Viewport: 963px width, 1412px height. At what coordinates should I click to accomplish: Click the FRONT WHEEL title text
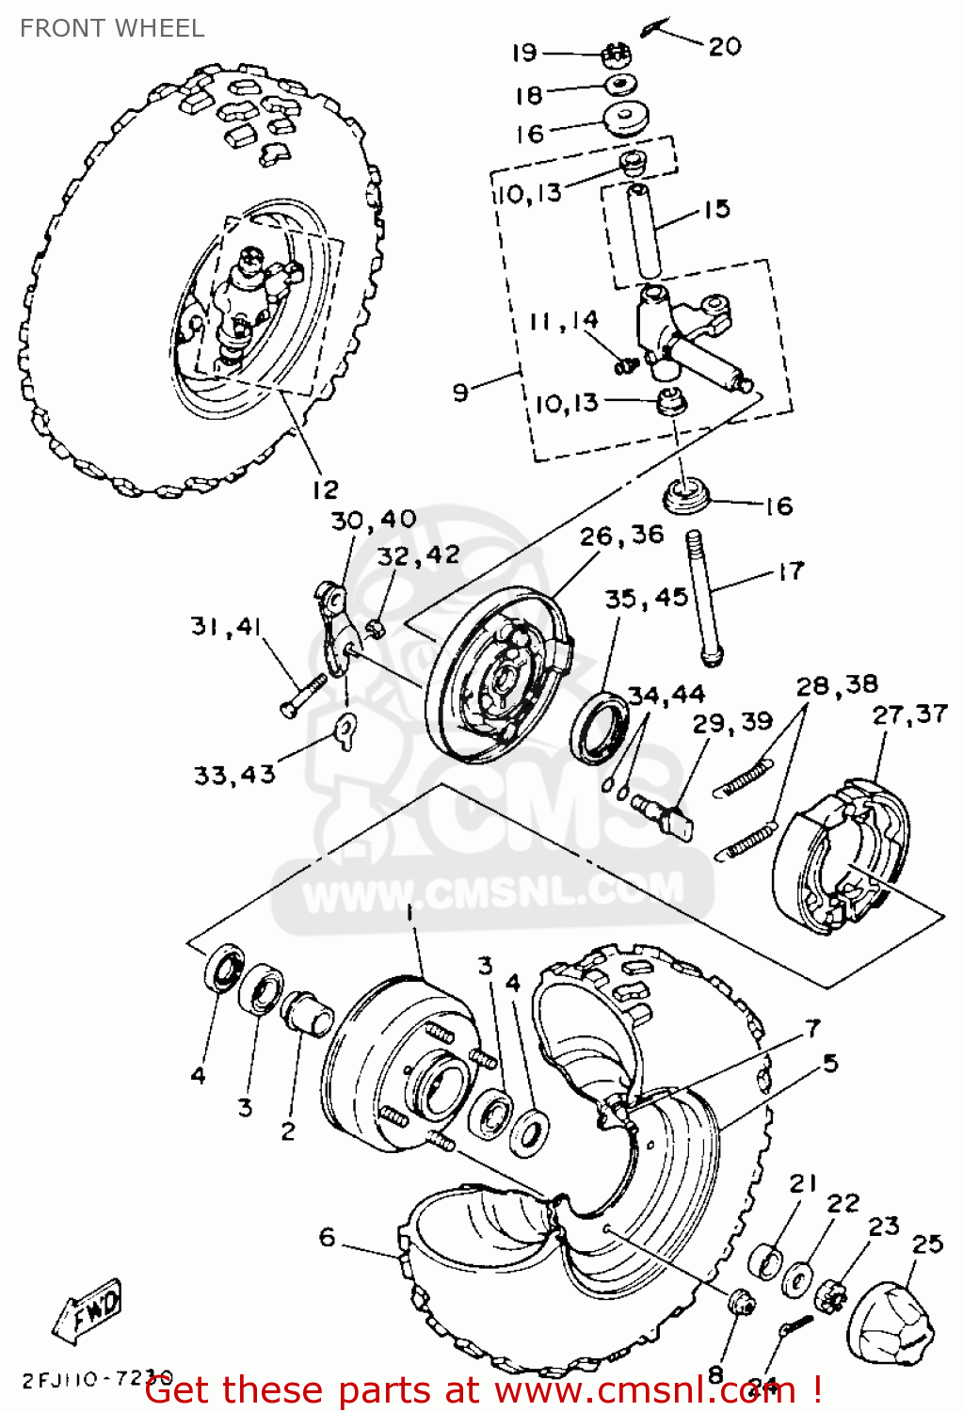112,28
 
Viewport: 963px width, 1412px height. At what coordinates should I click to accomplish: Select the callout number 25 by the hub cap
926,1244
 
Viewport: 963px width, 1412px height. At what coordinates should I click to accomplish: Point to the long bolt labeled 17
705,599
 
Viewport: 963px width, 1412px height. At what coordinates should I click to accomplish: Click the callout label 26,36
621,536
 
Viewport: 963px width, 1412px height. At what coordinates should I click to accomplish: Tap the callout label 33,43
234,775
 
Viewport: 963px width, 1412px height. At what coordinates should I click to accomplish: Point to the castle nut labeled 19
616,54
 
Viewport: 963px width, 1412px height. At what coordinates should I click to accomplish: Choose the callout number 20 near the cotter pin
725,46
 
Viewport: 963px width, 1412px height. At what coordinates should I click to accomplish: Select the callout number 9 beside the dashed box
460,391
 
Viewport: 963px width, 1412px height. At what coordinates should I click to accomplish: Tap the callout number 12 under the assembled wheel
325,489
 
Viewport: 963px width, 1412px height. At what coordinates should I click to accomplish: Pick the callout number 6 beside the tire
327,1236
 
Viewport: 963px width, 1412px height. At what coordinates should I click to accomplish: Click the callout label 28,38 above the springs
837,684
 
